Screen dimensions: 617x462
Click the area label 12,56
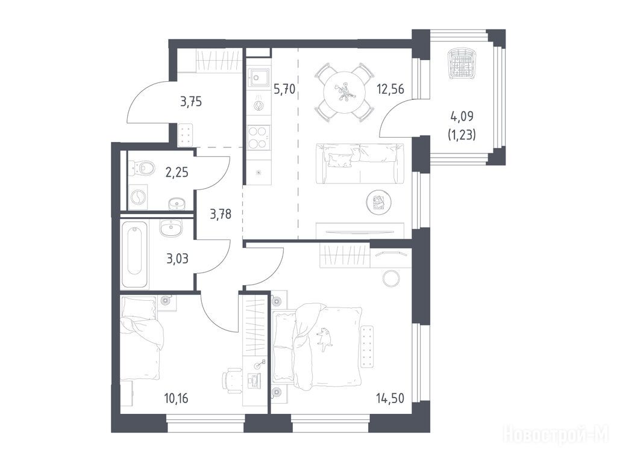[390, 89]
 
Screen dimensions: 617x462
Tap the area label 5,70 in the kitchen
[284, 90]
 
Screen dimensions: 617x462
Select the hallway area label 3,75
[191, 102]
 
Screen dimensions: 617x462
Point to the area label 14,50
[390, 398]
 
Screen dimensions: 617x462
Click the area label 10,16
[176, 398]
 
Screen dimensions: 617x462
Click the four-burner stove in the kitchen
[258, 137]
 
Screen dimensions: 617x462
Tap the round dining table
[344, 93]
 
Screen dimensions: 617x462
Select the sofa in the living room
[360, 164]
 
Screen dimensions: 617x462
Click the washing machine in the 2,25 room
[138, 197]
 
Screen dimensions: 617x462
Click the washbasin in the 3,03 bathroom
[171, 227]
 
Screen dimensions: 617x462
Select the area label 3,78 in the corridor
[221, 214]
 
